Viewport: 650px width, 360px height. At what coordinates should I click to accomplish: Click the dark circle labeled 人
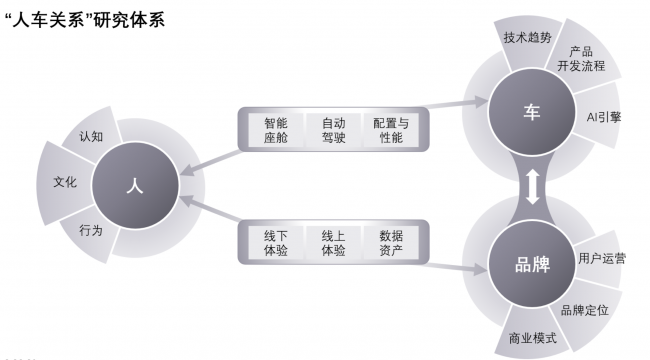click(133, 184)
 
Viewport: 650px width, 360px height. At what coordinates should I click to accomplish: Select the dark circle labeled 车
click(531, 112)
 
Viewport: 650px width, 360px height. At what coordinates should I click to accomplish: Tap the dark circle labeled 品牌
click(531, 266)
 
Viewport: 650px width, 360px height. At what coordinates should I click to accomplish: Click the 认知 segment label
click(91, 136)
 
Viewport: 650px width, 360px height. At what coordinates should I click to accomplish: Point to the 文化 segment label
click(65, 183)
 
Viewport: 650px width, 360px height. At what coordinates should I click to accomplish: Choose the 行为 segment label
click(90, 230)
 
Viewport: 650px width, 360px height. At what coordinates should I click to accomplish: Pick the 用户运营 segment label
click(603, 258)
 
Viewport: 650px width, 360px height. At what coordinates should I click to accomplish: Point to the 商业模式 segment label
click(532, 338)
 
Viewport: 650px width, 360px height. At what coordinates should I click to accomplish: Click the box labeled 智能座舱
click(276, 130)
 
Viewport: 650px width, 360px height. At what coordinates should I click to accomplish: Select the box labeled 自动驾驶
click(333, 130)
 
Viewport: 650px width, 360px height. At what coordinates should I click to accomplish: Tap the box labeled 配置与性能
click(390, 130)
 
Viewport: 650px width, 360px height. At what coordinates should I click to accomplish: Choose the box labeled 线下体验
click(276, 242)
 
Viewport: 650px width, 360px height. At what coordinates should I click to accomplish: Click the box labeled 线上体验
click(333, 242)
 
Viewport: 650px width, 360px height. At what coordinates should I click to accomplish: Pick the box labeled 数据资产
click(390, 242)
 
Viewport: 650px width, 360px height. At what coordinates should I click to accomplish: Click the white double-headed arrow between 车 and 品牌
click(532, 188)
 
